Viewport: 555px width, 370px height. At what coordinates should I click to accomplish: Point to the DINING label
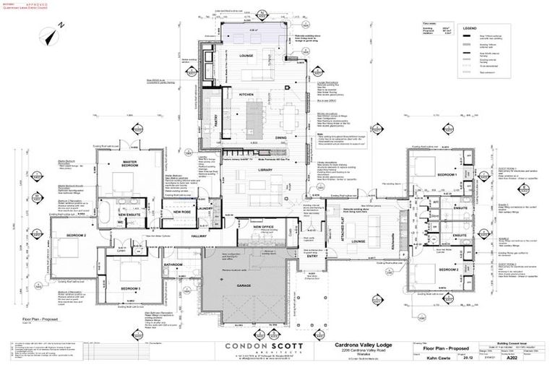click(282, 137)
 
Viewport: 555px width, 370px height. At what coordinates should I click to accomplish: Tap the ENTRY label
click(312, 256)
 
